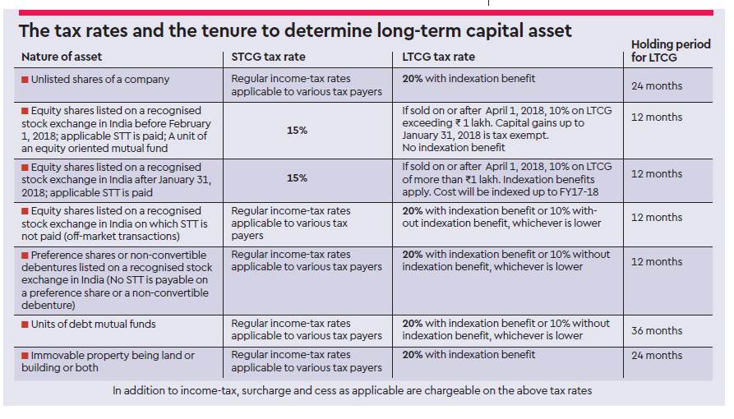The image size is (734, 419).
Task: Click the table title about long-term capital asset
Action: click(x=295, y=31)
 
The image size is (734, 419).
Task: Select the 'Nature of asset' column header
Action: click(x=62, y=58)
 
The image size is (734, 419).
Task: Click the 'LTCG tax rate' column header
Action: click(x=439, y=58)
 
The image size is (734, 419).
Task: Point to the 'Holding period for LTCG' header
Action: click(x=671, y=51)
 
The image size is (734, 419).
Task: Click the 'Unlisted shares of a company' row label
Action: click(x=99, y=80)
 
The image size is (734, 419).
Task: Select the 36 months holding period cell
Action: click(x=657, y=330)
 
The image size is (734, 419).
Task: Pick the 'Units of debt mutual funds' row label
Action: click(x=93, y=325)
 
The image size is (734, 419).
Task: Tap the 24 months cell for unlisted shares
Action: click(x=657, y=85)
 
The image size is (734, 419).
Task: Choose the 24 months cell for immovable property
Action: click(x=657, y=356)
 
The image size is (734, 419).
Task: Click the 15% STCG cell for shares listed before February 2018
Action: click(x=298, y=130)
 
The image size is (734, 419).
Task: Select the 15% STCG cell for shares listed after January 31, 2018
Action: click(x=298, y=178)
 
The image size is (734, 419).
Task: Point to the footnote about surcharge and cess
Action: click(x=352, y=391)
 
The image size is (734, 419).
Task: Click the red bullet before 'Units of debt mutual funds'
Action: click(x=25, y=325)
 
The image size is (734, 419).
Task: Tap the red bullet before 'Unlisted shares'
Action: click(x=25, y=80)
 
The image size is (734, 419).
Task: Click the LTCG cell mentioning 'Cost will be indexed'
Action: click(x=506, y=178)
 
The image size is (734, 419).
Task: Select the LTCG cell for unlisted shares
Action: click(x=469, y=79)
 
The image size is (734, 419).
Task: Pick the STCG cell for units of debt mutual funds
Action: click(x=307, y=330)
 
